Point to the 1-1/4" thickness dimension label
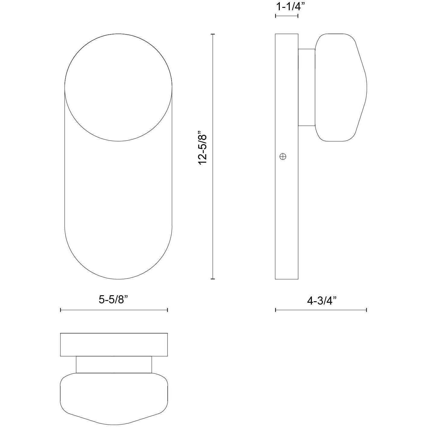(x=289, y=7)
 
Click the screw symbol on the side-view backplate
(x=283, y=157)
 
